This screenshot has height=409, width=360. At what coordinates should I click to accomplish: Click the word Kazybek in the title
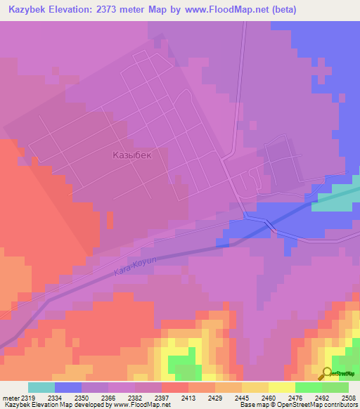(x=29, y=10)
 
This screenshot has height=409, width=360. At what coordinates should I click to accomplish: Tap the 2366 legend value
(x=109, y=397)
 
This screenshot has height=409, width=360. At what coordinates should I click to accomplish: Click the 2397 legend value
(x=162, y=397)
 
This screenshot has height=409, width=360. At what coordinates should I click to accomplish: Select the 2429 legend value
(x=216, y=397)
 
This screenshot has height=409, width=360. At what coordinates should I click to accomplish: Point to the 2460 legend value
(x=269, y=397)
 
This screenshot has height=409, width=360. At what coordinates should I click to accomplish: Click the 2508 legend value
(x=347, y=397)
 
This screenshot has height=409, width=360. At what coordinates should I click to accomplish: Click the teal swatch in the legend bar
(x=41, y=387)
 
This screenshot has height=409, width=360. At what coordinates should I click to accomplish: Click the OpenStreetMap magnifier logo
(x=327, y=372)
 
